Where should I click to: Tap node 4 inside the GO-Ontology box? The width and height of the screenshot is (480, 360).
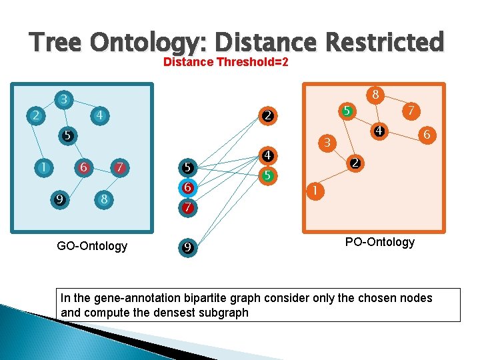pos(99,115)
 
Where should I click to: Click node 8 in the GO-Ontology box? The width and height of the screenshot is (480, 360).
pos(104,198)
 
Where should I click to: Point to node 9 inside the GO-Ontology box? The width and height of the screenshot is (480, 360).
pos(60,198)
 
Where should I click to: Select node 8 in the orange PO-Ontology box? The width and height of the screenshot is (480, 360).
pos(376,95)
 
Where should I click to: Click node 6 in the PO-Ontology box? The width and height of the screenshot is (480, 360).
pos(426,135)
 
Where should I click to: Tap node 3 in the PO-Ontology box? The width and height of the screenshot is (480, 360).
pos(327,143)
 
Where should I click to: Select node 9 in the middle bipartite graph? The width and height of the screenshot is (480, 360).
pos(188,248)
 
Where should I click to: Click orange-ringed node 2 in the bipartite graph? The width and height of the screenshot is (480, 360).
pos(267,116)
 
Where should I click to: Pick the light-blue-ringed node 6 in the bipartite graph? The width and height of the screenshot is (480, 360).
pos(188,188)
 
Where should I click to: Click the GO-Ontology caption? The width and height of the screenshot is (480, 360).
pos(92,246)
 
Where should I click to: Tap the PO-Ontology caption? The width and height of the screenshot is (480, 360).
pos(379,242)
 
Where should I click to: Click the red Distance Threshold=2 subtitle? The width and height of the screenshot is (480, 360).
pos(225,63)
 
